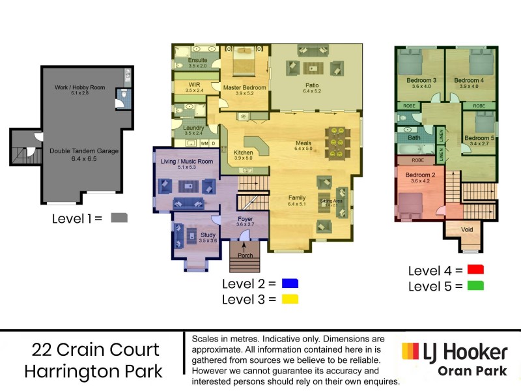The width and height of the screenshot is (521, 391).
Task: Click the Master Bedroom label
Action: pyautogui.click(x=244, y=87)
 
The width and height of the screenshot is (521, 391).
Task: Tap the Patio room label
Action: pyautogui.click(x=312, y=85)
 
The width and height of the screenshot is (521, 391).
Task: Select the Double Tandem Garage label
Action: pyautogui.click(x=84, y=151)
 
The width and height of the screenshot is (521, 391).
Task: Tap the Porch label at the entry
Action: pyautogui.click(x=245, y=255)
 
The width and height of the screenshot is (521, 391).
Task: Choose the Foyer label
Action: pyautogui.click(x=245, y=219)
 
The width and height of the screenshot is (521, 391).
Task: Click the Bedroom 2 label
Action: pyautogui.click(x=420, y=175)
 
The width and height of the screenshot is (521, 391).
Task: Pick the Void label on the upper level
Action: pyautogui.click(x=466, y=229)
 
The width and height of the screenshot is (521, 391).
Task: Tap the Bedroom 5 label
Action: pyautogui.click(x=480, y=138)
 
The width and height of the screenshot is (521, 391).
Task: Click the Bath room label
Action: pyautogui.click(x=414, y=138)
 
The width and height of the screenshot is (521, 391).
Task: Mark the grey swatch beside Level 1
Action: pyautogui.click(x=119, y=218)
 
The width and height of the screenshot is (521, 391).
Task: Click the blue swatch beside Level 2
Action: pyautogui.click(x=290, y=283)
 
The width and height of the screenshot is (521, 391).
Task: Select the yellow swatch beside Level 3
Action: pyautogui.click(x=290, y=299)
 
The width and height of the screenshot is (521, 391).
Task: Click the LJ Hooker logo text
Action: pyautogui.click(x=464, y=353)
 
